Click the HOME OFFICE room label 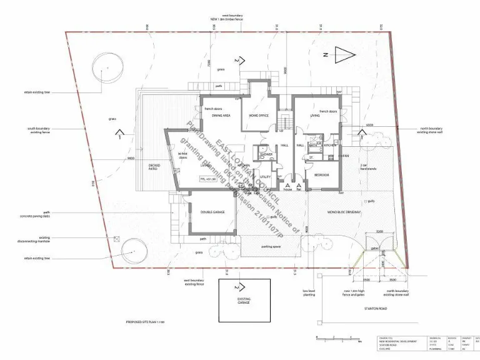tap(258, 116)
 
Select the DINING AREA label tap(222, 116)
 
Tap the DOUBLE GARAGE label tap(212, 212)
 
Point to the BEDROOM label tap(321, 174)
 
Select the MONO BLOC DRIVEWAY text tap(344, 212)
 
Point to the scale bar tap(338, 341)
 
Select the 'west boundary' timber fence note tap(226, 17)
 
